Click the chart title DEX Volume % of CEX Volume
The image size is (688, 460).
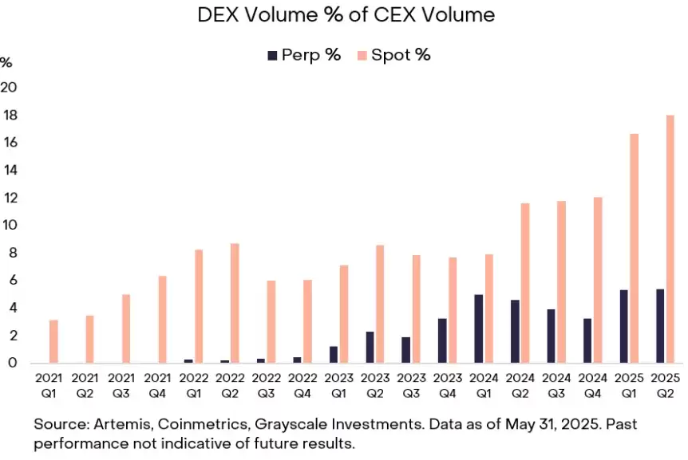pyautogui.click(x=346, y=14)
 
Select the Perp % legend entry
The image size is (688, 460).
pyautogui.click(x=303, y=55)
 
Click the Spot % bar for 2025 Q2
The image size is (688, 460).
pyautogui.click(x=670, y=239)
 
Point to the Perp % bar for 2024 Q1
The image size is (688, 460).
pyautogui.click(x=479, y=328)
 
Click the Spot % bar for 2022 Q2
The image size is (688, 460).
pyautogui.click(x=235, y=303)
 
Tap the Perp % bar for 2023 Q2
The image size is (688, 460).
pyautogui.click(x=370, y=347)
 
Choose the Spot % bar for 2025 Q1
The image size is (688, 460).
pyautogui.click(x=634, y=248)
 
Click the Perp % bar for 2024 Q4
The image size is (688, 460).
pyautogui.click(x=588, y=340)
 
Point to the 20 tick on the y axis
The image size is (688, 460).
pyautogui.click(x=9, y=87)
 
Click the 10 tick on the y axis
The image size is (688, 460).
pyautogui.click(x=9, y=225)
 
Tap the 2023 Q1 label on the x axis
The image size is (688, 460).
pyautogui.click(x=338, y=383)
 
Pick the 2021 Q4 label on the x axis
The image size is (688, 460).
pyautogui.click(x=157, y=383)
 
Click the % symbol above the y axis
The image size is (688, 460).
pyautogui.click(x=6, y=62)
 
